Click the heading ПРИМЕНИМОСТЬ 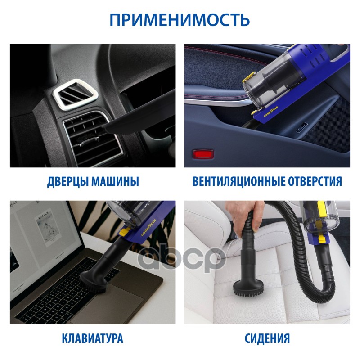pos(180,20)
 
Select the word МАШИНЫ pos(116,181)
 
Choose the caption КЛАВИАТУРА pos(93,338)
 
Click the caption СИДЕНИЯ pos(267,338)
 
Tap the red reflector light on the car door pos(204,154)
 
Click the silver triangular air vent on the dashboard pos(75,94)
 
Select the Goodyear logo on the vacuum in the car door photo pos(271,112)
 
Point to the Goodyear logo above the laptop pos(148,228)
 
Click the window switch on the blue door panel pos(301,128)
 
